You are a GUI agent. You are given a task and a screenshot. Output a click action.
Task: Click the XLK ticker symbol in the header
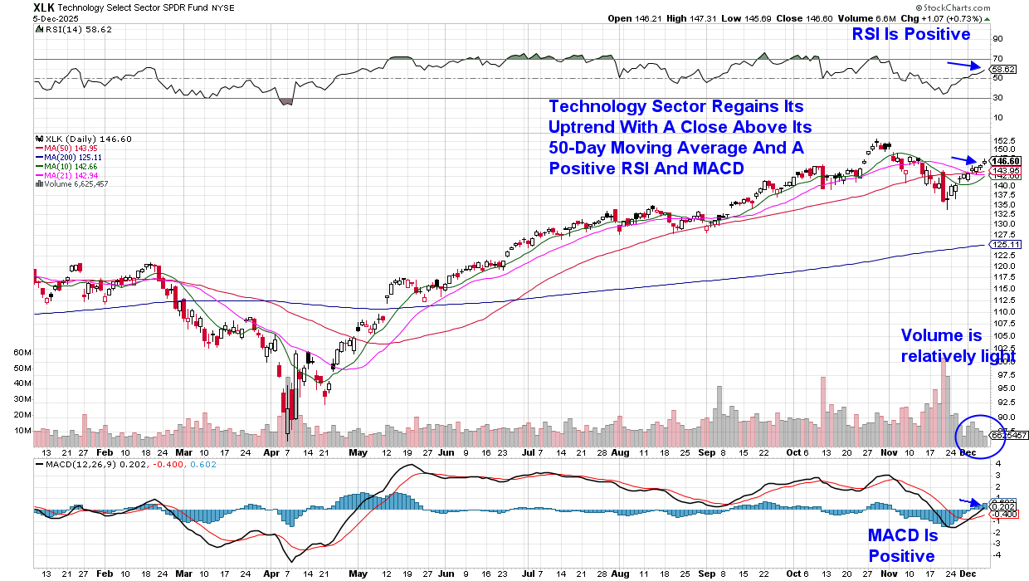46,7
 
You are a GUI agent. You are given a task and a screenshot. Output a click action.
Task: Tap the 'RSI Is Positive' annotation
910,34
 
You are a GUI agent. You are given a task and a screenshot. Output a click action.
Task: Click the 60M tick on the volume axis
22,352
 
